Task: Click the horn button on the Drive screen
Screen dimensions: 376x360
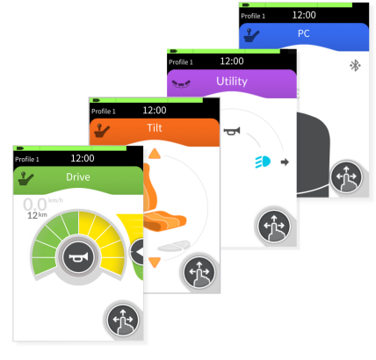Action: click(x=78, y=257)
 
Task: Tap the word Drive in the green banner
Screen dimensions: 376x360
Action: click(x=78, y=177)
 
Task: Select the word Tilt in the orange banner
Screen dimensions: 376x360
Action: click(x=155, y=128)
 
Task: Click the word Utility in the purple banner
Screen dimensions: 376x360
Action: click(x=232, y=82)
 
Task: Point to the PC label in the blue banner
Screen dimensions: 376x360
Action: click(x=304, y=33)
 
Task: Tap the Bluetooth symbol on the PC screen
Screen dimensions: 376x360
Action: click(x=355, y=66)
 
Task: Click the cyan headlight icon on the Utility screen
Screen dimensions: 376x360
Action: click(x=263, y=162)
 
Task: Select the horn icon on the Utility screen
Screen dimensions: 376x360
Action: click(x=232, y=131)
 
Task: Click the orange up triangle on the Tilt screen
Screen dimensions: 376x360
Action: click(x=155, y=154)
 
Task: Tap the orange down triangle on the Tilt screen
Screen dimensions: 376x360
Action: click(x=155, y=263)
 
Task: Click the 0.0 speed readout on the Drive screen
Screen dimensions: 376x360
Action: click(x=35, y=205)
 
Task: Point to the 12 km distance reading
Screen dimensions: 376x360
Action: click(x=37, y=215)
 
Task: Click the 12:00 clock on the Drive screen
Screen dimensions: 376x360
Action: click(x=83, y=158)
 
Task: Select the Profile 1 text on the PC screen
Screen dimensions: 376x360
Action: click(x=253, y=16)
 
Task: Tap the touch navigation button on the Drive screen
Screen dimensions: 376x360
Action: click(x=123, y=320)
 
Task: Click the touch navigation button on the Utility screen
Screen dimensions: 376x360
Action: click(x=274, y=226)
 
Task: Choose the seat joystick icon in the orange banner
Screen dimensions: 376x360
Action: click(x=102, y=131)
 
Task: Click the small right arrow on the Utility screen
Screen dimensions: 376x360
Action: click(x=285, y=162)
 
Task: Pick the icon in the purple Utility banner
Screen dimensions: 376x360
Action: click(x=181, y=84)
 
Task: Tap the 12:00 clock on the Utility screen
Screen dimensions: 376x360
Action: click(x=232, y=61)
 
